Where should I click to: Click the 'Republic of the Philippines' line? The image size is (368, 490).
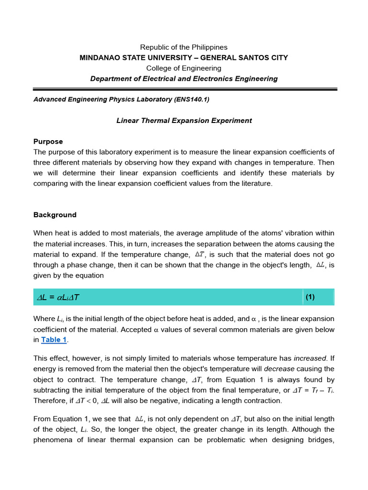(184, 47)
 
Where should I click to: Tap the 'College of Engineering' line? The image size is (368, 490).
(184, 68)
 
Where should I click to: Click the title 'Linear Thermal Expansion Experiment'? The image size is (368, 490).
(184, 121)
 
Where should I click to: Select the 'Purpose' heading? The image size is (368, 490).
(48, 142)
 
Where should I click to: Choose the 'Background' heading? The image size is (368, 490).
(55, 215)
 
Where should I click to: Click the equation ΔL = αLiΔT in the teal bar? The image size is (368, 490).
(58, 298)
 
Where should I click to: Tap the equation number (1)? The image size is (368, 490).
(310, 297)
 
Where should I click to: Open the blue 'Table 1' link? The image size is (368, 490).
(54, 340)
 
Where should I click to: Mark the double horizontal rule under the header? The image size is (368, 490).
(184, 89)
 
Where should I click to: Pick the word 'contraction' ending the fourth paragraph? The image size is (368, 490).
(263, 401)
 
